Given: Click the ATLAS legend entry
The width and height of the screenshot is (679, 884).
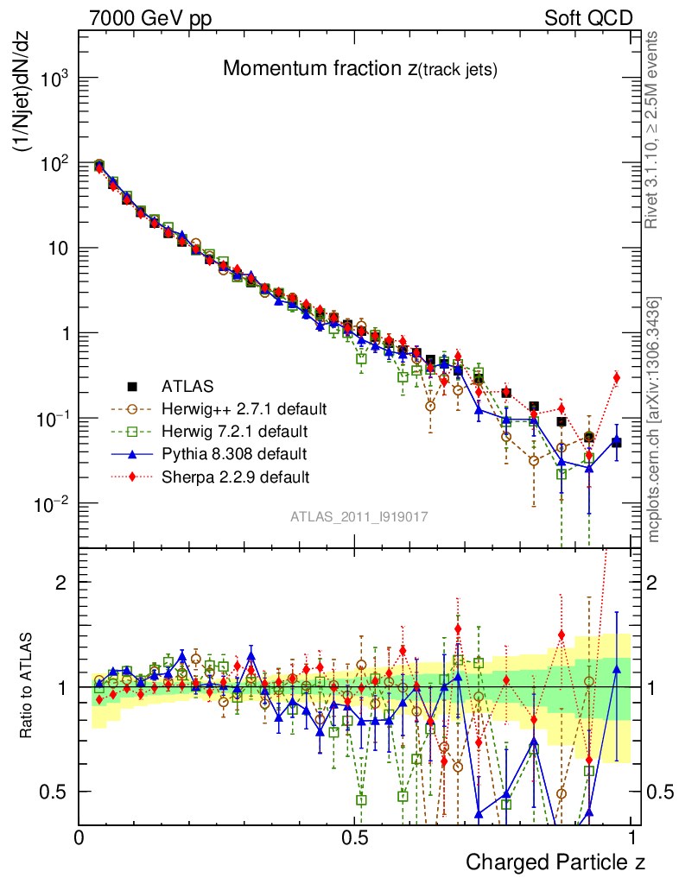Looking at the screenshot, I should (187, 386).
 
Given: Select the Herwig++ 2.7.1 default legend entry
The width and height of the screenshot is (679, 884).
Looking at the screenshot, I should (244, 407).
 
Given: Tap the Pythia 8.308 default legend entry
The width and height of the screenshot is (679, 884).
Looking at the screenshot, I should (235, 452).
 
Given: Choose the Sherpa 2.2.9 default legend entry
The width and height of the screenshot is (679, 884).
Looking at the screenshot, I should (236, 476).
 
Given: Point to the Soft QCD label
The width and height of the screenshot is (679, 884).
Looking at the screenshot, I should (588, 18).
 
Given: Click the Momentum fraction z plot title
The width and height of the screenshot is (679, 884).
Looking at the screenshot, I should (359, 70).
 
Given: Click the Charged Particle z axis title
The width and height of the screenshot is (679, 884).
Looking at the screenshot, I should (555, 862).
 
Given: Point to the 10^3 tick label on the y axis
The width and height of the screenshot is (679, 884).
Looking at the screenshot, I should (54, 79).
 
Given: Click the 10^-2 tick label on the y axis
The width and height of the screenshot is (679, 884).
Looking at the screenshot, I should (53, 503).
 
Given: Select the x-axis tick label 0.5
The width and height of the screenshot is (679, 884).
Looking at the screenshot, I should (356, 837).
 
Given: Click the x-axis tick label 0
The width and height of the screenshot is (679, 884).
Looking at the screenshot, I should (79, 837).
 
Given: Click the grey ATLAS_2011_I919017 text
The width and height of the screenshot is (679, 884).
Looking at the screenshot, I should (359, 516).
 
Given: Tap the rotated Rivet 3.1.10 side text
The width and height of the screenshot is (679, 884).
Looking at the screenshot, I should (652, 129).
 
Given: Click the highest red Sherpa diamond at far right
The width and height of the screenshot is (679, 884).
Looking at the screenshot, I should (616, 377).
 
